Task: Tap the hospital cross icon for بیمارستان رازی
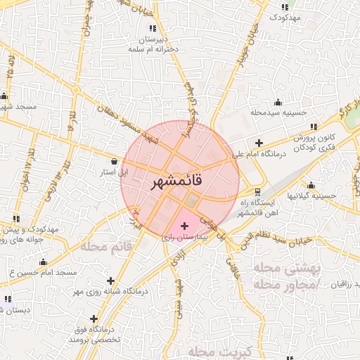[184, 226]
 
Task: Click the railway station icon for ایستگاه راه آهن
[258, 191]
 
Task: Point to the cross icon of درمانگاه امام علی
[260, 143]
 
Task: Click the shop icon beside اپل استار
[114, 161]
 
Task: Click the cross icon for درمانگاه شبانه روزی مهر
[110, 281]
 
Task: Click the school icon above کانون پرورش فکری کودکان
[313, 127]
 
